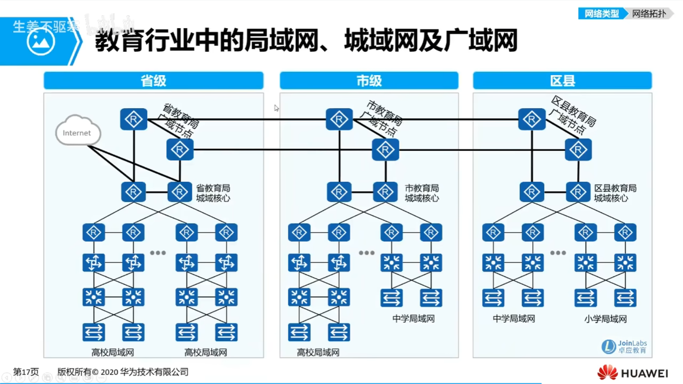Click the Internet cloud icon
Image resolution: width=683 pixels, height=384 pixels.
(78, 131)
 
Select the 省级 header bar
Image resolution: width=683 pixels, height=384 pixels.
(154, 81)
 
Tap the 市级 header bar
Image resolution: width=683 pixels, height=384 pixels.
(369, 81)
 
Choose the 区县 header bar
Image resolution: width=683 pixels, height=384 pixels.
(562, 81)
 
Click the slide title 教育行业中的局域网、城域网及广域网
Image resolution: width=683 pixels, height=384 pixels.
(306, 41)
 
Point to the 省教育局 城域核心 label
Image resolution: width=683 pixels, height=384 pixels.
(213, 193)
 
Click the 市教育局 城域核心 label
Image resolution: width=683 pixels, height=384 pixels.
(422, 193)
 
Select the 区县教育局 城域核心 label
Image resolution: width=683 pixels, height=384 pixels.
(615, 193)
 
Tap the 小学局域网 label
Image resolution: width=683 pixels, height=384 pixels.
(605, 319)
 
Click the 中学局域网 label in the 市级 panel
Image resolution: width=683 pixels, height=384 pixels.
(414, 318)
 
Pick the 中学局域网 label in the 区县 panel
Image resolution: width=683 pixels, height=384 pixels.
(513, 318)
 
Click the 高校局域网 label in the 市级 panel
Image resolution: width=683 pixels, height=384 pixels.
(318, 352)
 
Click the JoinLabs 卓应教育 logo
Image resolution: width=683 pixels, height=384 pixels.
(624, 346)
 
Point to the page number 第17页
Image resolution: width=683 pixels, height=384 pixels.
(26, 372)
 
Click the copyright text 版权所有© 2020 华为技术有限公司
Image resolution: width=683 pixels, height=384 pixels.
(123, 372)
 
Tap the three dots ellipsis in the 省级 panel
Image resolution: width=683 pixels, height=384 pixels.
(158, 253)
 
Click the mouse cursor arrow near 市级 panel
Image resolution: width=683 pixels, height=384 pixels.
(276, 108)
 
